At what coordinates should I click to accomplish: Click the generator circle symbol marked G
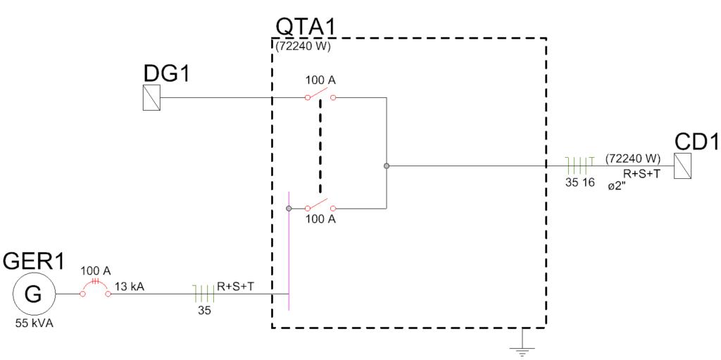[34, 294]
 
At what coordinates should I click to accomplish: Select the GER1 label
[34, 261]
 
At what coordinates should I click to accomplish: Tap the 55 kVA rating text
[34, 325]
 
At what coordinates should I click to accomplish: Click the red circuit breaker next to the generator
[94, 289]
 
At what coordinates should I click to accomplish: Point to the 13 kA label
[131, 287]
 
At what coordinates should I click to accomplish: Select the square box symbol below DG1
[151, 97]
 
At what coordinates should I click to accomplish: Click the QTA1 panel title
[305, 27]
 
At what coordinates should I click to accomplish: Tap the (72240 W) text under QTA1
[303, 47]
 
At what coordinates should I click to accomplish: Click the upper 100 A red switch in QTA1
[320, 95]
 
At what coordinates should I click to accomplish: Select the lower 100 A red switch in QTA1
[320, 206]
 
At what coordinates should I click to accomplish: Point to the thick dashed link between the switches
[320, 148]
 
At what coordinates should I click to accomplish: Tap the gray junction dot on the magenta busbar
[289, 209]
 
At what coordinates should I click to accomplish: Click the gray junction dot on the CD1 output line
[387, 166]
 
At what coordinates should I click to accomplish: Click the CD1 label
[696, 142]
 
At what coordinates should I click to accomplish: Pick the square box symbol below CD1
[682, 166]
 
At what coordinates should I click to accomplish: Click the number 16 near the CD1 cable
[589, 182]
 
